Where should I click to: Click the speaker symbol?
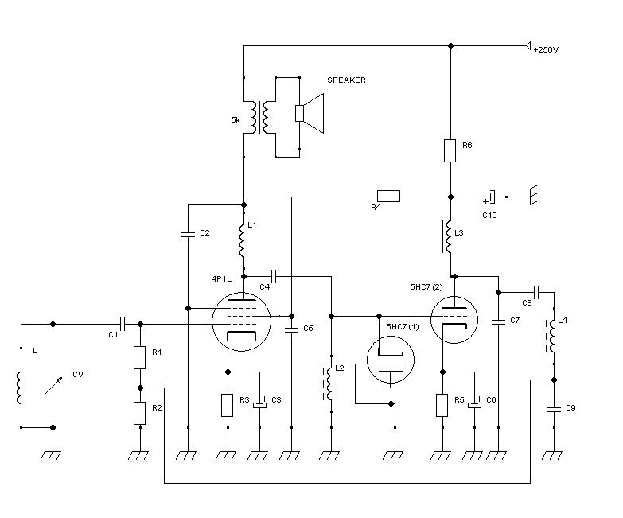point(310,114)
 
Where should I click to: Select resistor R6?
point(450,151)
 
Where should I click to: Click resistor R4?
point(387,195)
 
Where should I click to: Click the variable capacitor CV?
point(53,386)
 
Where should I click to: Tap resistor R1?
point(140,357)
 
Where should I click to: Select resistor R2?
point(140,412)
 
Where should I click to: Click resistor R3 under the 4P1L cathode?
point(228,404)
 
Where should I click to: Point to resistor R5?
point(443,404)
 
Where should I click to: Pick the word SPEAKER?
point(346,80)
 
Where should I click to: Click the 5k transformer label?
point(235,120)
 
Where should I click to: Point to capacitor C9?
point(552,409)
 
